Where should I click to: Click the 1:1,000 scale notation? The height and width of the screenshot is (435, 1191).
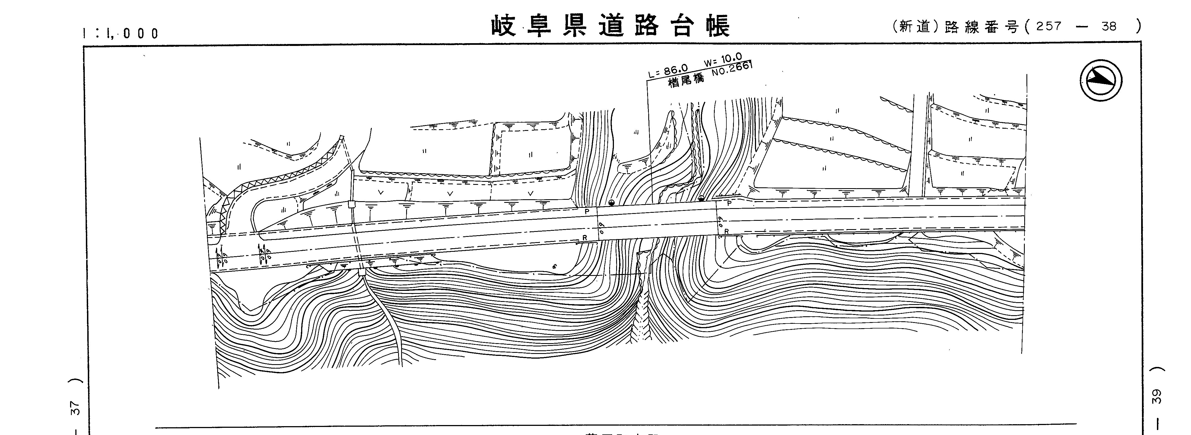click(x=120, y=33)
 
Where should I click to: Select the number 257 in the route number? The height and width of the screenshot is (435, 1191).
click(x=1049, y=26)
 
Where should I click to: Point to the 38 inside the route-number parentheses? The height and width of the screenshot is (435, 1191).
click(x=1109, y=26)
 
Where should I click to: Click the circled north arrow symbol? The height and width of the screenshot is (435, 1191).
click(x=1101, y=80)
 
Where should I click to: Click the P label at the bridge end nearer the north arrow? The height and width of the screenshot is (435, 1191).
click(x=729, y=203)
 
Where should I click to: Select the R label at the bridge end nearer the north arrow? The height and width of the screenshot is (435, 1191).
click(x=726, y=231)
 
